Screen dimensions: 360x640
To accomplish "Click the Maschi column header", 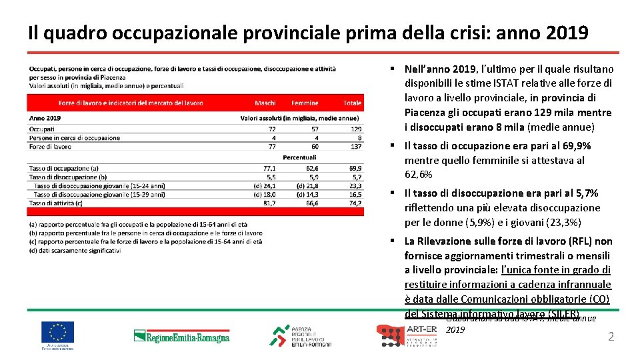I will [x=265, y=103].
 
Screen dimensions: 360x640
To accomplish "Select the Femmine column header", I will [x=305, y=103].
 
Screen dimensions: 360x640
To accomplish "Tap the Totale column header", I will [x=352, y=103].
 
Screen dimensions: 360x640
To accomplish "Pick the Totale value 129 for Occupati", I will [x=355, y=129].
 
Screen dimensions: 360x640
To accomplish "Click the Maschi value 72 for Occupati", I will [x=271, y=129].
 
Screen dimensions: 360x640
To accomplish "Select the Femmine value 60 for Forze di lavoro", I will [x=314, y=146].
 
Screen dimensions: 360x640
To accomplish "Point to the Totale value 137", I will [x=355, y=146].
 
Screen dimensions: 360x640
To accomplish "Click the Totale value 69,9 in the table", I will [x=355, y=169].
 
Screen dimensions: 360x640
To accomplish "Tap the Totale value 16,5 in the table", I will [x=355, y=194].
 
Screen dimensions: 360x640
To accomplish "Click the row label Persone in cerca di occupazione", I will [x=75, y=137].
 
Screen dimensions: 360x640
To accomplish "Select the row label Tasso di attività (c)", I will [x=56, y=203].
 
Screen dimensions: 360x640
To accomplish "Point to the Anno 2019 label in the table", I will [x=45, y=118].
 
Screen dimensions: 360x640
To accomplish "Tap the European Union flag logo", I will [x=57, y=331].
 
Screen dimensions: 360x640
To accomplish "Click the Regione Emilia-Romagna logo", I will [x=181, y=336].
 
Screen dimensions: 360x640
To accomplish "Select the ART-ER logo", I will [x=407, y=335].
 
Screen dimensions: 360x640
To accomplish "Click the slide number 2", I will [x=611, y=337].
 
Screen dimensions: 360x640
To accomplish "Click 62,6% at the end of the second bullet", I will [x=419, y=175].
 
